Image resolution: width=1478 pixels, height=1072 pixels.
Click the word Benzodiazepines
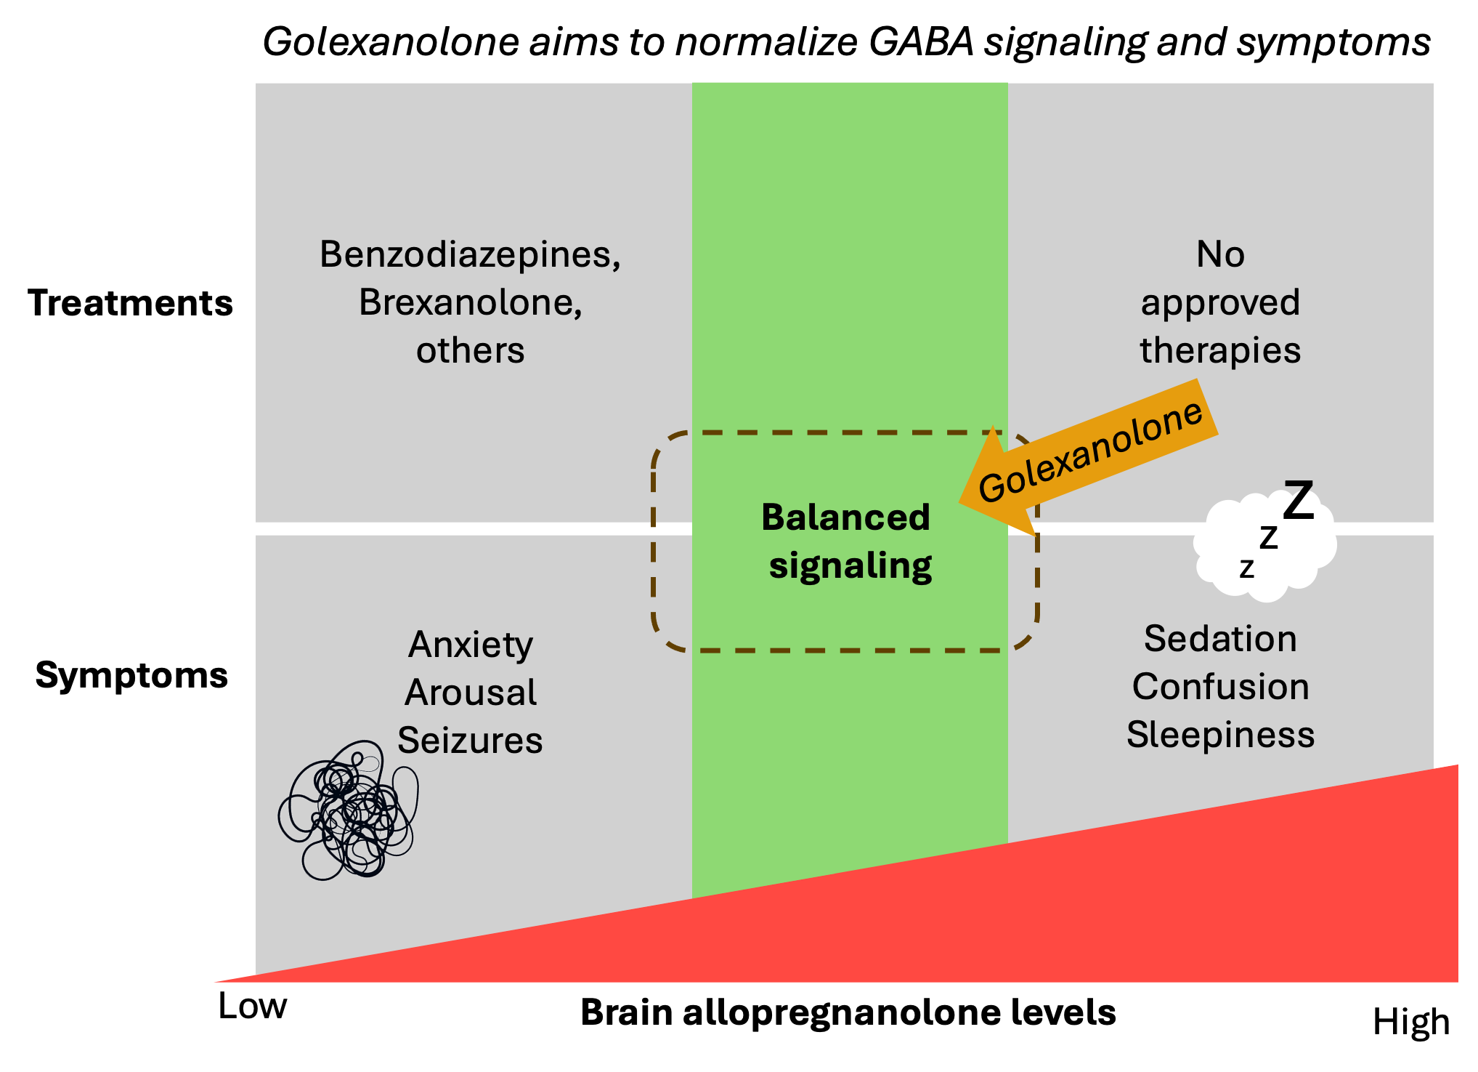(x=468, y=255)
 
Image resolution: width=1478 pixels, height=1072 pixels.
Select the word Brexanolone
(x=468, y=302)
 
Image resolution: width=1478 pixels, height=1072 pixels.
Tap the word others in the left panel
(x=470, y=350)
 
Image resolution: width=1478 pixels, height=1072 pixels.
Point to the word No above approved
(x=1220, y=255)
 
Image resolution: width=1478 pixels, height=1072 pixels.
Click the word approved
(x=1220, y=303)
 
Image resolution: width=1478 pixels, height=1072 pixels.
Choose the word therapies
(x=1220, y=350)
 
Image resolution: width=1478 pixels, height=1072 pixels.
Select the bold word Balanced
(x=845, y=517)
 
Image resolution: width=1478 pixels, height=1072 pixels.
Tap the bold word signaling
(x=850, y=565)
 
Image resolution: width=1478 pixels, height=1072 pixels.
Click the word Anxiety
(x=471, y=645)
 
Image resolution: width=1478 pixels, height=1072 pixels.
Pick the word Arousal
(x=471, y=692)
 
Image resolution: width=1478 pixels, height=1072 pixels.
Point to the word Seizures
(x=470, y=740)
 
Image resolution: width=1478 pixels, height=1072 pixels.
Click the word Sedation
(x=1220, y=639)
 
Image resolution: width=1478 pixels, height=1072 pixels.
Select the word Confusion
(x=1220, y=687)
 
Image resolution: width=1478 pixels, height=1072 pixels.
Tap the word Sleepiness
(x=1220, y=735)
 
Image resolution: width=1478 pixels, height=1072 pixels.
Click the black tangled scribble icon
(x=349, y=810)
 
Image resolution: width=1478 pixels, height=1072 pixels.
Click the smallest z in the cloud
(x=1246, y=568)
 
